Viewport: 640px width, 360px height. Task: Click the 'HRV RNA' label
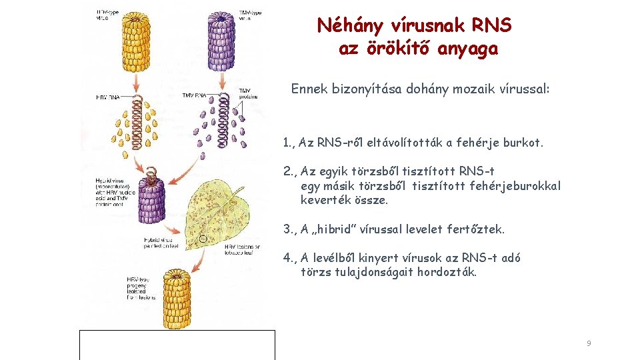(x=109, y=97)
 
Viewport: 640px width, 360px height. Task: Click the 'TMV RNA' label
(x=194, y=95)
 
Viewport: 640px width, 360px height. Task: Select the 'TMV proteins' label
(x=247, y=94)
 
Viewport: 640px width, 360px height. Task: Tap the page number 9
(x=589, y=343)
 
